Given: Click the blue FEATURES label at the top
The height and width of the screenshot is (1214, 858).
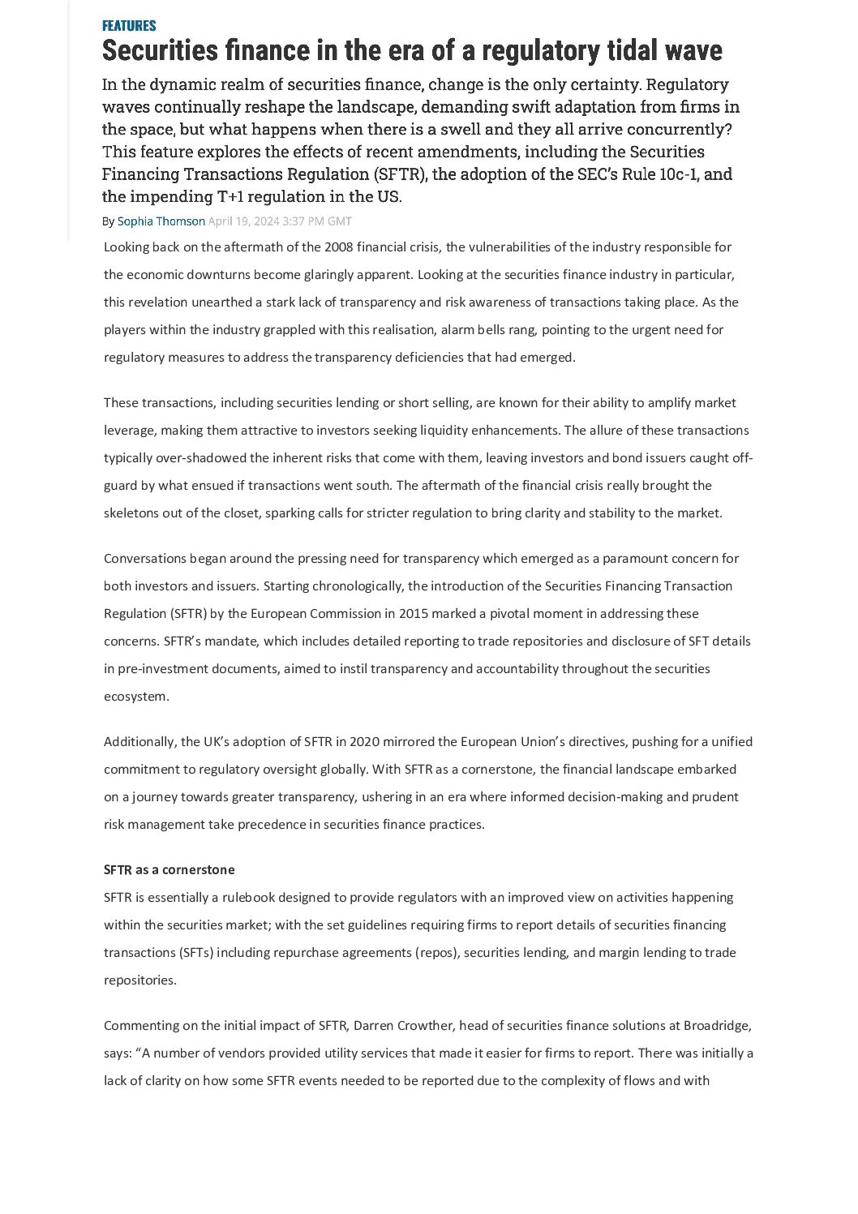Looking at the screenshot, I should (x=129, y=26).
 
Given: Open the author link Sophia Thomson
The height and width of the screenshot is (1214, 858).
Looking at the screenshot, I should (x=161, y=221).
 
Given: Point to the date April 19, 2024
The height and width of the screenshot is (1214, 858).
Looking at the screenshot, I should (x=243, y=221).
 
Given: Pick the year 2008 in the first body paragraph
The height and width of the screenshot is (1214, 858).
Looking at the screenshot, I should (x=338, y=247).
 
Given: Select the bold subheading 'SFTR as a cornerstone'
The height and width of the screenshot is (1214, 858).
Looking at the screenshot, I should (x=169, y=870).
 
